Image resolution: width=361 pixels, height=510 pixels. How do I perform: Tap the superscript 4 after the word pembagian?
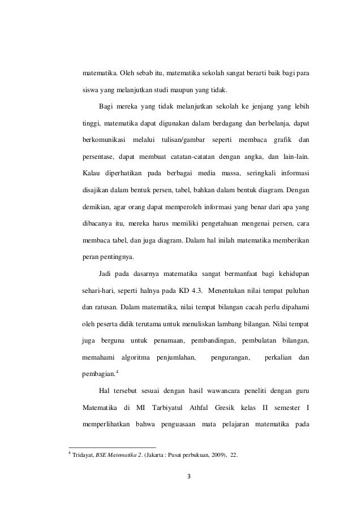coord(117,370)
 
